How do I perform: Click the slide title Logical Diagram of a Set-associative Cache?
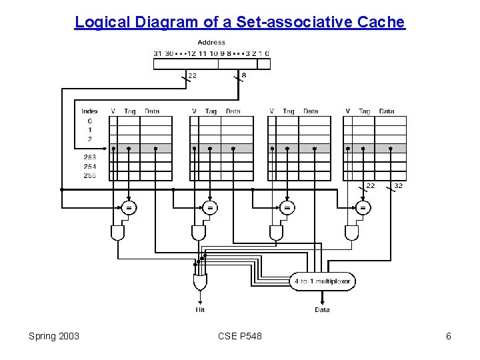click(239, 22)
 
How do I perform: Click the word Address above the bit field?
click(211, 42)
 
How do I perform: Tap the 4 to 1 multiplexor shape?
click(323, 281)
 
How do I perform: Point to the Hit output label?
click(200, 309)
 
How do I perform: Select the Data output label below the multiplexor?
click(322, 309)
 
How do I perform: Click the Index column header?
click(89, 111)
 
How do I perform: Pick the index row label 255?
click(89, 175)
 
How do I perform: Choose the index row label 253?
click(89, 157)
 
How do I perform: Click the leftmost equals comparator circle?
click(129, 208)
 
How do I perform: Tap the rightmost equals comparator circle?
click(363, 208)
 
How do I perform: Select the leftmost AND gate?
click(118, 232)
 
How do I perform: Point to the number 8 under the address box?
click(243, 75)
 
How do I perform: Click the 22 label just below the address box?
click(192, 75)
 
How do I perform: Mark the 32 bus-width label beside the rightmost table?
click(398, 185)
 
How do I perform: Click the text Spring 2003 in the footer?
click(54, 336)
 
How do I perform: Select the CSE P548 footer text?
click(239, 336)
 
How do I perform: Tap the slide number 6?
click(449, 336)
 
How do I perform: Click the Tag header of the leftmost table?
click(130, 111)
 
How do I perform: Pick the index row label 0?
click(89, 121)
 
